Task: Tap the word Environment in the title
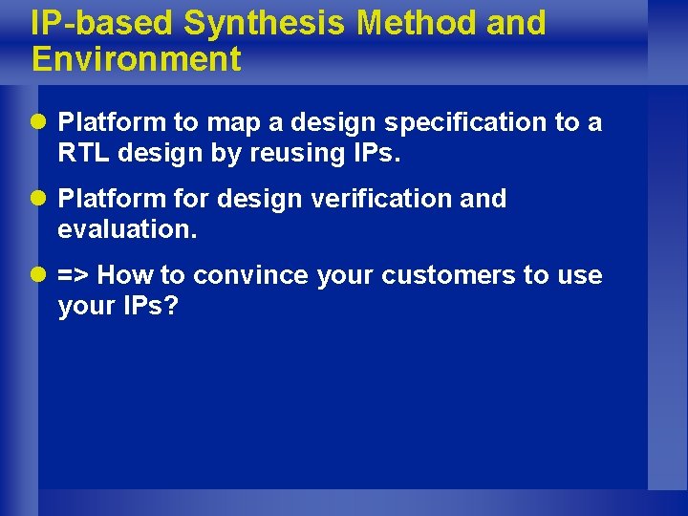click(x=136, y=59)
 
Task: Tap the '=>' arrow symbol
click(x=74, y=275)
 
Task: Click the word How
click(x=126, y=275)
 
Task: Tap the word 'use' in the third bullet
click(x=579, y=276)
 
